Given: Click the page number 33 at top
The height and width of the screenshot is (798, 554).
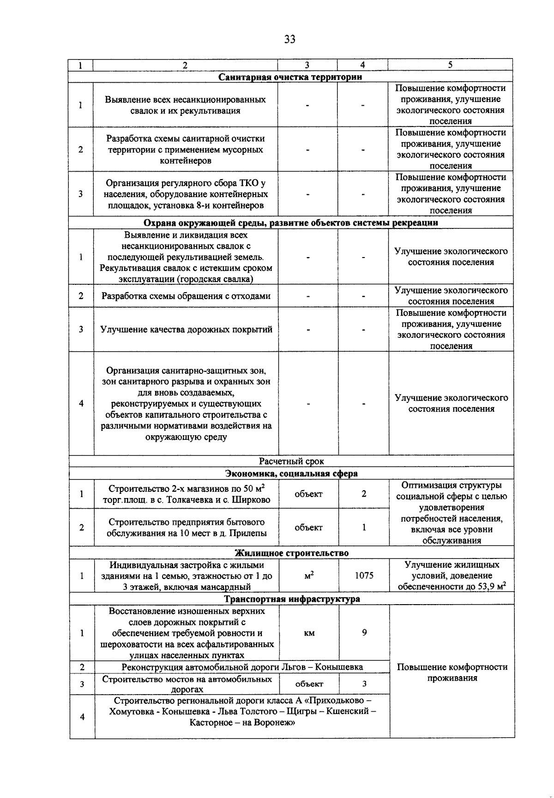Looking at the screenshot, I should tap(289, 39).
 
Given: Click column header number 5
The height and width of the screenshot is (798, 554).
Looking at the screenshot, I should tap(450, 65).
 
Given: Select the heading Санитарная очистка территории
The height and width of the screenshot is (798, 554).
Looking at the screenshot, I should tap(290, 77).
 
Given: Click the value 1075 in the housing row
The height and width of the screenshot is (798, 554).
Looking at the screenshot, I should tap(364, 576).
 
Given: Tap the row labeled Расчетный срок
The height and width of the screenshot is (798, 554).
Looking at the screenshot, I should tap(291, 461).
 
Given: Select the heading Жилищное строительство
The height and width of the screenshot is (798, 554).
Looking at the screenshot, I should tap(291, 553).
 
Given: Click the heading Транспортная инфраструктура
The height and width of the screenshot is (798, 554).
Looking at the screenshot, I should tap(292, 599).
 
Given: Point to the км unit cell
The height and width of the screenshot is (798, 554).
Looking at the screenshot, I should tap(309, 633).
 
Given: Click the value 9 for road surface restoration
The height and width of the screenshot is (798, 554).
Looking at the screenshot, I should tap(364, 632).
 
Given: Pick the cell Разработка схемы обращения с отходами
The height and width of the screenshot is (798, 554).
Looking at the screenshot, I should tap(186, 296).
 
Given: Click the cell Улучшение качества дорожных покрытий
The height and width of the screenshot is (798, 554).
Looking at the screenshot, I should tap(186, 330).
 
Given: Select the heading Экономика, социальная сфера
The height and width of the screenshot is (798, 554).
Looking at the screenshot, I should tap(291, 474).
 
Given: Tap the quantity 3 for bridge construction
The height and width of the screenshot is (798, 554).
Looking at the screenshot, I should tap(364, 684).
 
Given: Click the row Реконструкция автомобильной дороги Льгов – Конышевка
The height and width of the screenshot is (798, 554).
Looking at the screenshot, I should tap(242, 667).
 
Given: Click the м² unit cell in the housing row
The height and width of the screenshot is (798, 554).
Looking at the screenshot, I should tap(309, 576).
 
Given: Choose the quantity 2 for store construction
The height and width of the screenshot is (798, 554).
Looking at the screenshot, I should tap(364, 494).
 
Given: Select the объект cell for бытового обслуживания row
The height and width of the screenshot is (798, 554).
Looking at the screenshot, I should tap(308, 528).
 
